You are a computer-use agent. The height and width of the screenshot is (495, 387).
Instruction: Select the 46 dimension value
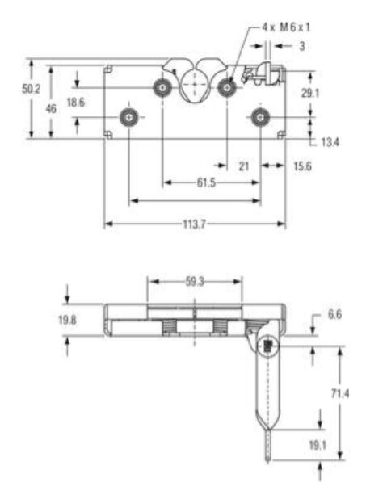point(52,107)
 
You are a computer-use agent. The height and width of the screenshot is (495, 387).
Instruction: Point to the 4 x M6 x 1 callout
point(287,27)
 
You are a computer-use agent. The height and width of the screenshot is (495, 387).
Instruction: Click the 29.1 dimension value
point(309,94)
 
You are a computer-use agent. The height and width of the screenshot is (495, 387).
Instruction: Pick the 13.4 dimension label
point(330,143)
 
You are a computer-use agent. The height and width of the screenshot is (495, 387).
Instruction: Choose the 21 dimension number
point(243,166)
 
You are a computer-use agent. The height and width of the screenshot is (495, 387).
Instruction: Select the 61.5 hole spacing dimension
point(206,183)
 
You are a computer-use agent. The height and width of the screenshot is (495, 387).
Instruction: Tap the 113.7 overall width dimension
point(194,224)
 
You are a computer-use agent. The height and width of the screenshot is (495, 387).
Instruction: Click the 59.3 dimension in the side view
point(194,282)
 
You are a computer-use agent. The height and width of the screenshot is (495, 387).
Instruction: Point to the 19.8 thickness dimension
point(68,321)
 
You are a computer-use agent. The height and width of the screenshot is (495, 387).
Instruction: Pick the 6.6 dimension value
point(334,314)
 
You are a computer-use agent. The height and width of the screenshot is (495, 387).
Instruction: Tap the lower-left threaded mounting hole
point(128,118)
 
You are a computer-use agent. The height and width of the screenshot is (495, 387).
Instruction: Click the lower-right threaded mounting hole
point(259,118)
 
